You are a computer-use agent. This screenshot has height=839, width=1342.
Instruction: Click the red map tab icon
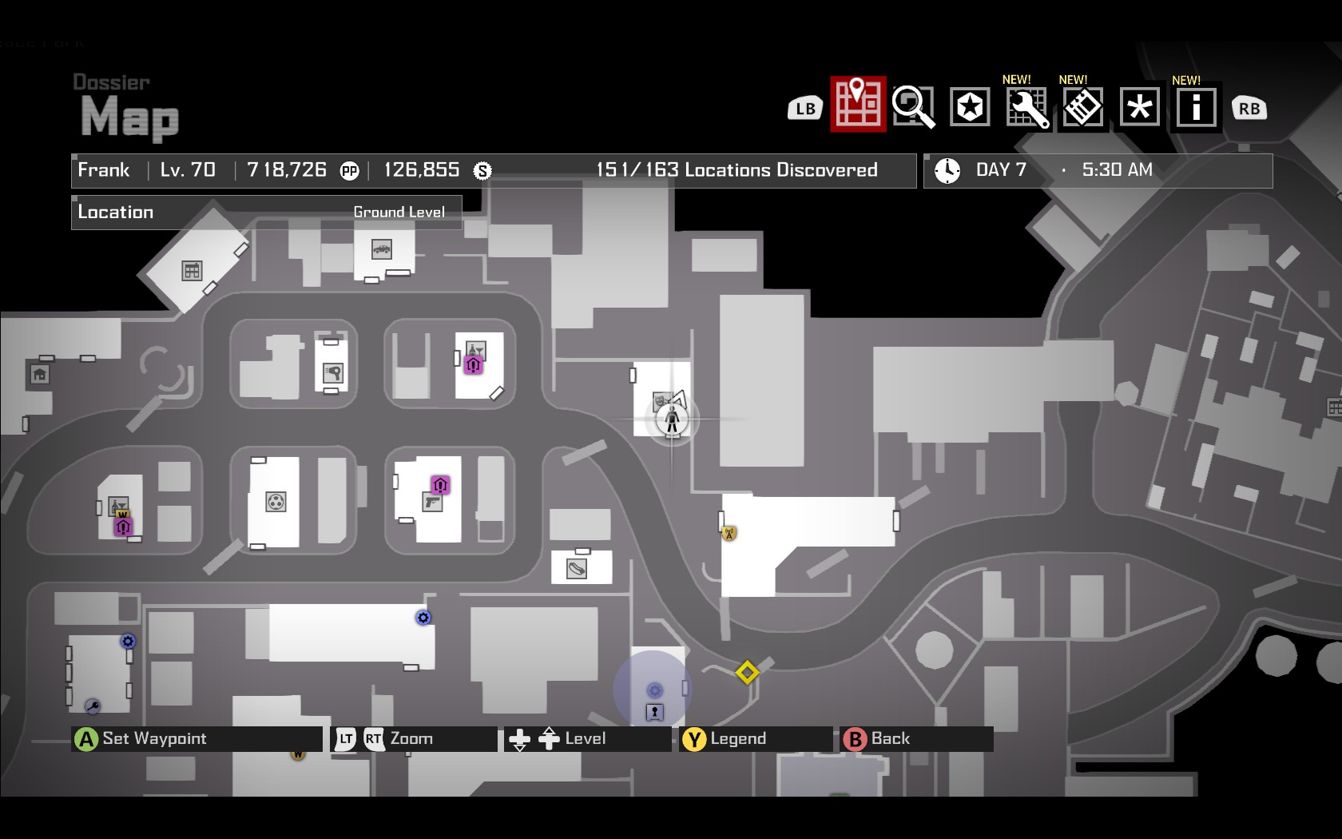[858, 104]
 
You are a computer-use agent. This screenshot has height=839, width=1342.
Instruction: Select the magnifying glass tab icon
[913, 106]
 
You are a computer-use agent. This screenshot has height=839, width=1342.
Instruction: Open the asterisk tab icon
[1139, 107]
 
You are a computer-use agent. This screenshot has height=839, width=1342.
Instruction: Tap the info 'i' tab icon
[1196, 107]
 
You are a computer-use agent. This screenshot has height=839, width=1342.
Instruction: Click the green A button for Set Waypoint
[85, 739]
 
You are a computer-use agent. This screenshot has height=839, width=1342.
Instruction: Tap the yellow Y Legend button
[694, 739]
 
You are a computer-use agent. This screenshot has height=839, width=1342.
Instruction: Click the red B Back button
[855, 739]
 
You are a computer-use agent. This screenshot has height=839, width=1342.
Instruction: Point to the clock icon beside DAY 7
[947, 170]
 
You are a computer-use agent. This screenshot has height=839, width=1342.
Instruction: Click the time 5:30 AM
[1117, 170]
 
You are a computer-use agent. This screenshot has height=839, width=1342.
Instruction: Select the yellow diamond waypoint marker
[747, 672]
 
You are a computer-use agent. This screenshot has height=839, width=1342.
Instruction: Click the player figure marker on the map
[672, 418]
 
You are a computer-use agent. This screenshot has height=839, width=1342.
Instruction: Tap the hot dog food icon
[577, 568]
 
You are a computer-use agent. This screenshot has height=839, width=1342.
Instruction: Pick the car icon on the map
[382, 249]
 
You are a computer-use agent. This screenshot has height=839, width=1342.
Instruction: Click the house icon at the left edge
[39, 374]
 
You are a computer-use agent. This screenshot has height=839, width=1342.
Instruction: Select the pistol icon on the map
[432, 502]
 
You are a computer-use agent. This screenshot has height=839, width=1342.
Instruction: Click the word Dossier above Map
[111, 82]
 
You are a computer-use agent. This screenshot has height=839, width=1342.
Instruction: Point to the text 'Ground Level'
[399, 213]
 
